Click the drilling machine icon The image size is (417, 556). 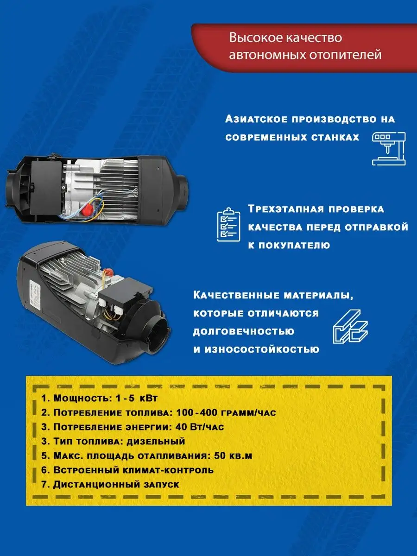tap(389, 149)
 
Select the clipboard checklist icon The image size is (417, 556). tap(228, 224)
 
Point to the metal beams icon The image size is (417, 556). tap(350, 327)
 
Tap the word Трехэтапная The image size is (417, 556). tap(285, 209)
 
